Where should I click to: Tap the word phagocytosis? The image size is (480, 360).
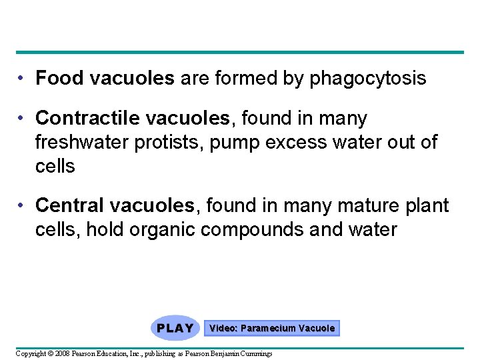(367, 79)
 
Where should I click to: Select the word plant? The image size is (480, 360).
(425, 206)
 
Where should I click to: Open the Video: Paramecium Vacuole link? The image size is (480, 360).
(272, 328)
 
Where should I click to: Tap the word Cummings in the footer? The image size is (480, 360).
(255, 353)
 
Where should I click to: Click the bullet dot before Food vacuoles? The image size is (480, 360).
(23, 79)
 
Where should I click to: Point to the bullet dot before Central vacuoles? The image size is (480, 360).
(23, 206)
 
